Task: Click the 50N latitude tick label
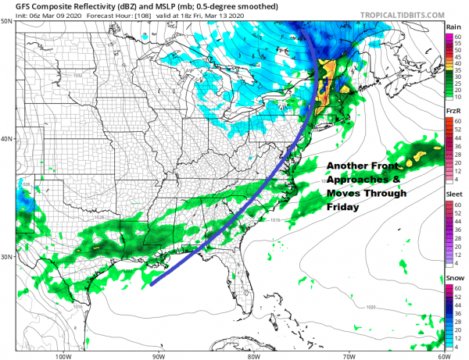(7, 22)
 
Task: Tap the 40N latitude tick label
(7, 140)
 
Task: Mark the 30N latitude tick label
(7, 257)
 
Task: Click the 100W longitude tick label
(63, 355)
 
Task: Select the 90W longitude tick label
(159, 355)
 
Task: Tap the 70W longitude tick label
(348, 355)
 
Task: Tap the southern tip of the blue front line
(152, 283)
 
